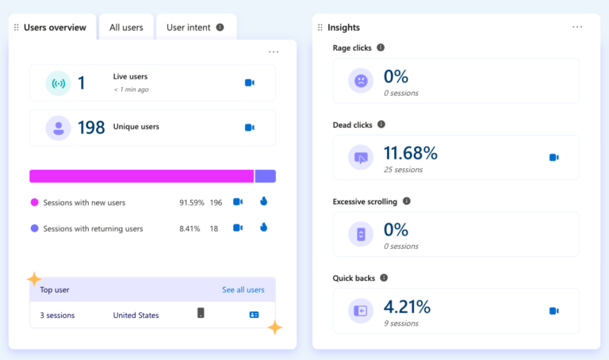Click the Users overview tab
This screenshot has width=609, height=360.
54,28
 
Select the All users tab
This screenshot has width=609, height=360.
126,28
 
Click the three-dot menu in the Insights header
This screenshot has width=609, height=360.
577,27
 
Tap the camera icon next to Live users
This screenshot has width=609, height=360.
249,82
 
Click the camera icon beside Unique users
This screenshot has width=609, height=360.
249,128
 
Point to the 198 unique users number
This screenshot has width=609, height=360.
91,128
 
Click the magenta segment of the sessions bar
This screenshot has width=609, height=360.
141,176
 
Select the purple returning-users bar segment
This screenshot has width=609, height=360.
265,176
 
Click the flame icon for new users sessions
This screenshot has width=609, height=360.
263,202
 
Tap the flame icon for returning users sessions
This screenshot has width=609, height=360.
263,228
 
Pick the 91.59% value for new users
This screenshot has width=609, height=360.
192,203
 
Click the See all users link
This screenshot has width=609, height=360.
243,290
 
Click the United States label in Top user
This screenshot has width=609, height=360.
136,316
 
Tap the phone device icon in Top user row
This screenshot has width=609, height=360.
201,313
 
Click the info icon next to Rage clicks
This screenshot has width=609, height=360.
381,48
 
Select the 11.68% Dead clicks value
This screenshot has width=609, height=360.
410,153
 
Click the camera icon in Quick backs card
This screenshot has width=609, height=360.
553,312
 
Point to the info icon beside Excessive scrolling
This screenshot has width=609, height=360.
407,201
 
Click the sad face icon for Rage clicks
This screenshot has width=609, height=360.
361,80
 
